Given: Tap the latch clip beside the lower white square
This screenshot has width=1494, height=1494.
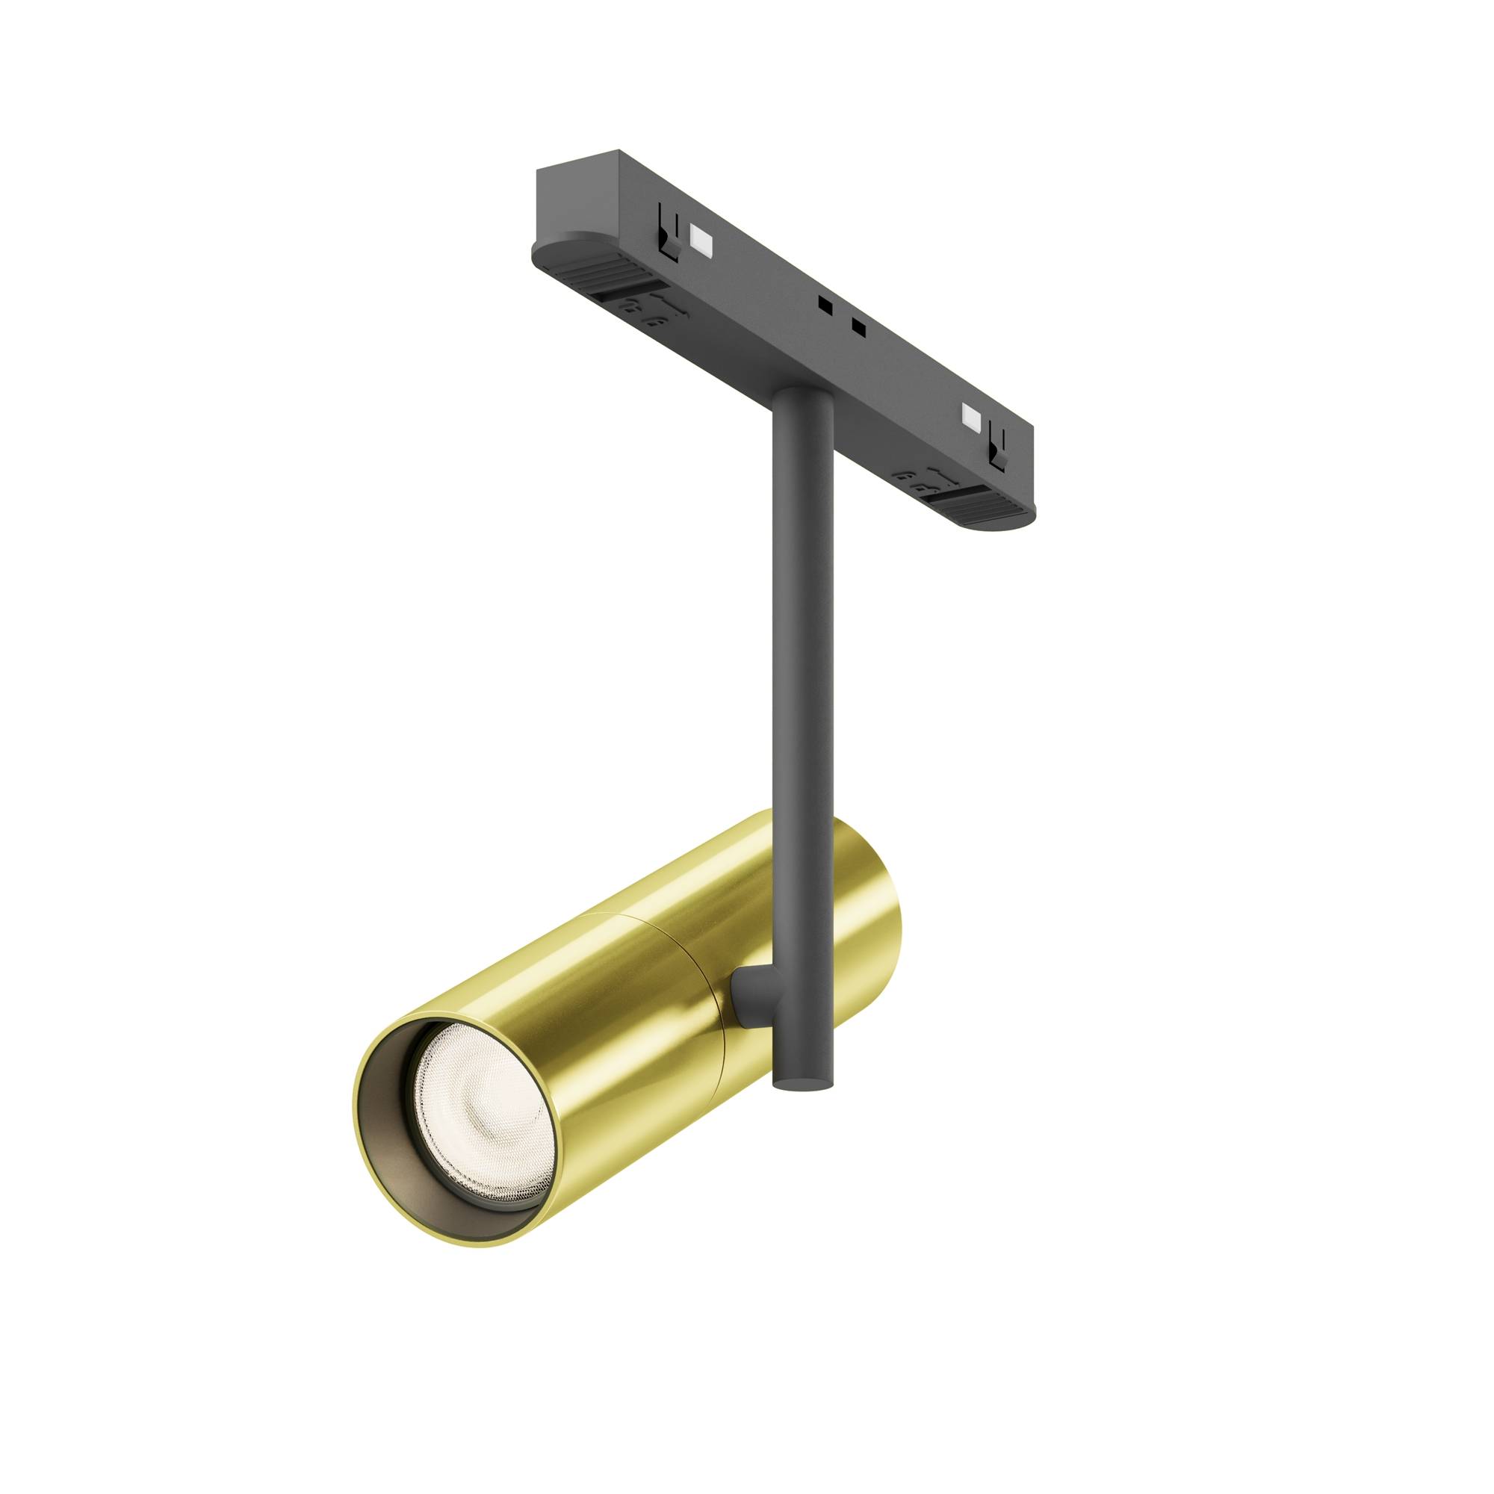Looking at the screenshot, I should [x=997, y=449].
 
